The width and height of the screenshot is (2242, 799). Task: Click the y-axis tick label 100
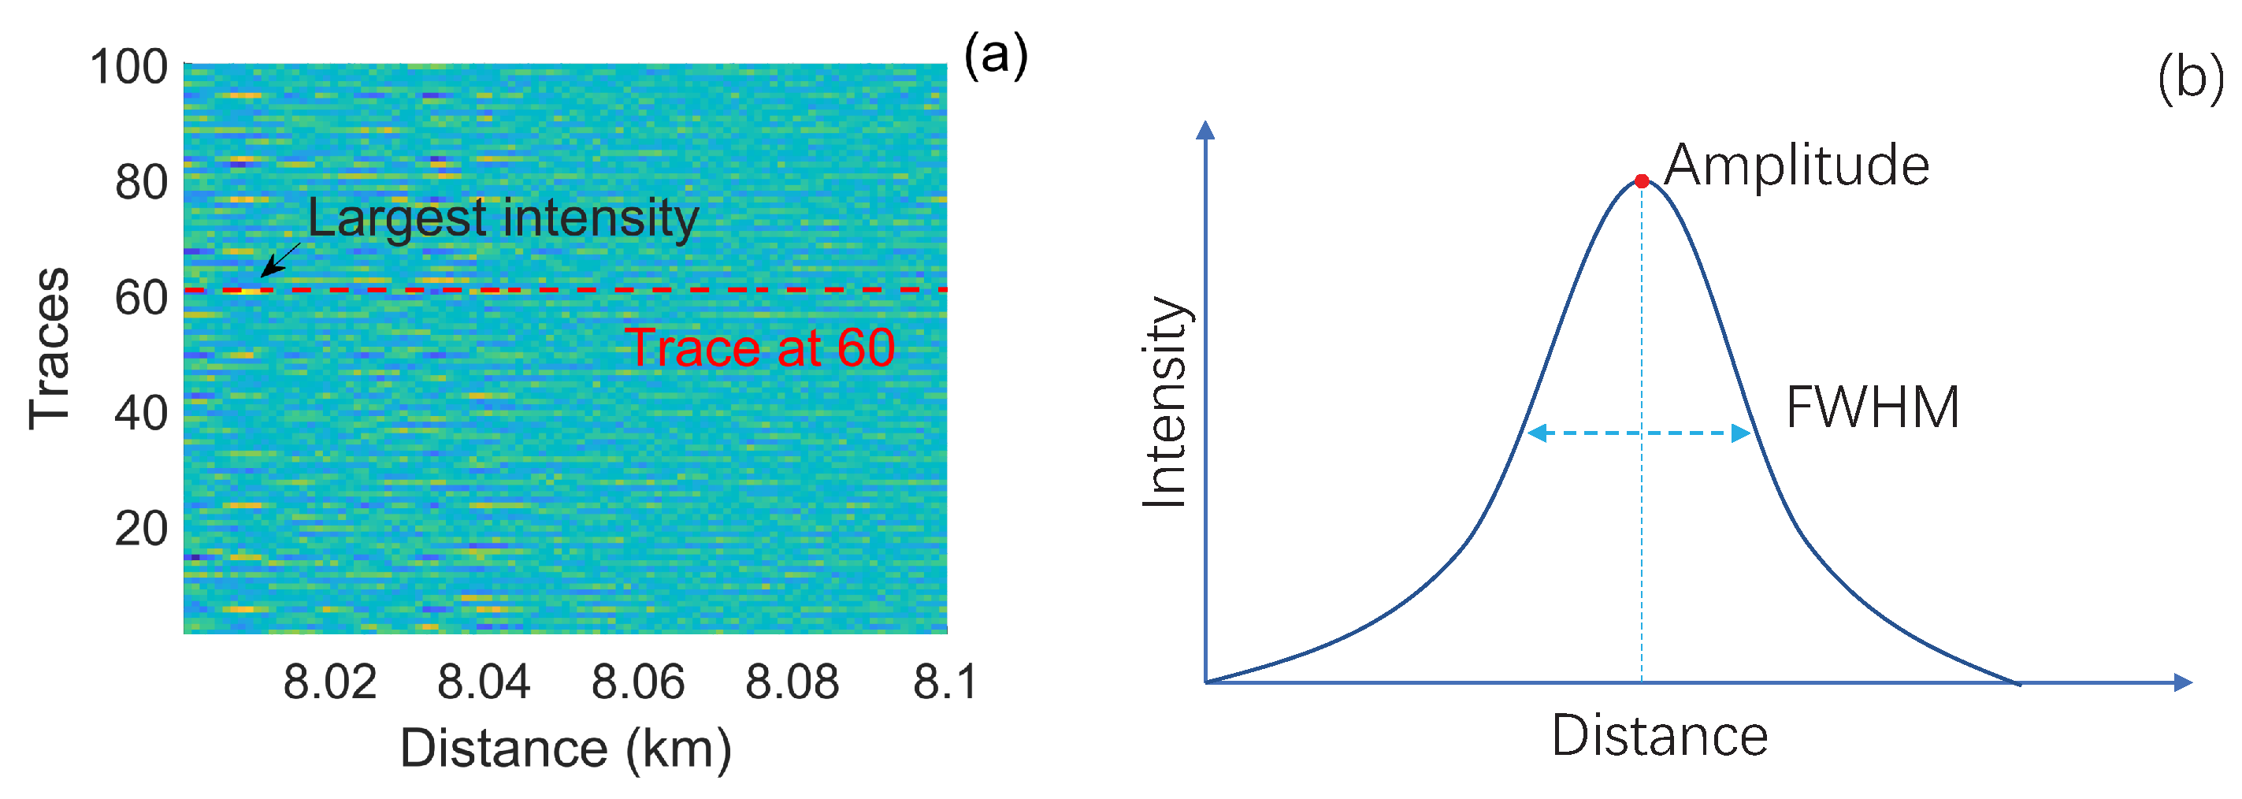(x=129, y=67)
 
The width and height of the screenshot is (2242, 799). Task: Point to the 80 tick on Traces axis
(x=141, y=182)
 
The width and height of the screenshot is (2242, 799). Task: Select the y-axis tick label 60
(x=141, y=298)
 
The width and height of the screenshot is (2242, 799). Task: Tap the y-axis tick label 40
(x=141, y=413)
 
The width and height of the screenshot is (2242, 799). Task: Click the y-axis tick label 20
(x=141, y=528)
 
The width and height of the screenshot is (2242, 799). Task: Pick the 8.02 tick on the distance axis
(x=330, y=682)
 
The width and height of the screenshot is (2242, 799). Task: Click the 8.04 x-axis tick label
(x=484, y=682)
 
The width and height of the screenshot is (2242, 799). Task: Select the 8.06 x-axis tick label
(x=638, y=682)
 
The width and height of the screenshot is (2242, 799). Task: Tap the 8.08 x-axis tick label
(x=792, y=682)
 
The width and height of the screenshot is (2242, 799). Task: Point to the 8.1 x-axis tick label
(x=945, y=682)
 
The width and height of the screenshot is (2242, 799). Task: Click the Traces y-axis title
(x=50, y=348)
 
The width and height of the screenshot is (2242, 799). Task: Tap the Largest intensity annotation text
(x=503, y=217)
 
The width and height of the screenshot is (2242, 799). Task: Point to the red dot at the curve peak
(x=1642, y=181)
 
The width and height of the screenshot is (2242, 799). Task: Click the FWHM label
(x=1872, y=407)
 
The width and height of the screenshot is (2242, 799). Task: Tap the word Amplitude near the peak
(x=1796, y=165)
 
